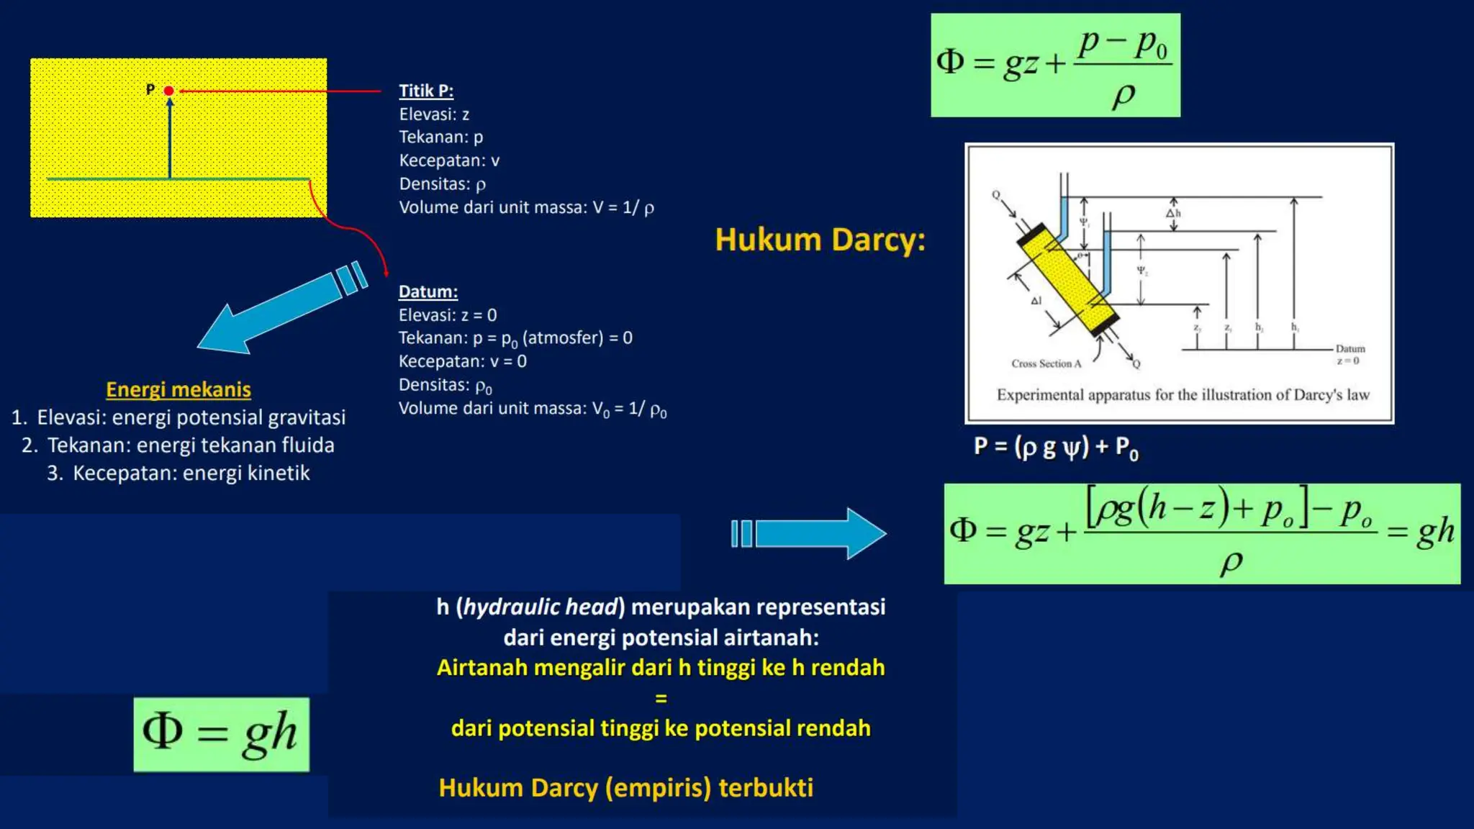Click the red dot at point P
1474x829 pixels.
point(168,91)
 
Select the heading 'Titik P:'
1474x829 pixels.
point(426,91)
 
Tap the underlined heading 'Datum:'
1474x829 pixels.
point(428,291)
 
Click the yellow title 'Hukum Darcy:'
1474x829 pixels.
point(820,240)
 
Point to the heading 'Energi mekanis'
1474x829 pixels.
point(178,389)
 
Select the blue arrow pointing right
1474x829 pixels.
point(810,533)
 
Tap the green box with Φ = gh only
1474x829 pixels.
point(222,734)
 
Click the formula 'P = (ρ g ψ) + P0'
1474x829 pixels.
point(1056,447)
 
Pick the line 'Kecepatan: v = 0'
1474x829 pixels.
point(463,361)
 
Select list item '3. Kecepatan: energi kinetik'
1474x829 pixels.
point(178,473)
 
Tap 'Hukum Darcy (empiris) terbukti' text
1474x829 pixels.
point(625,787)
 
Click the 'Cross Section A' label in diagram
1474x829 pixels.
point(1046,363)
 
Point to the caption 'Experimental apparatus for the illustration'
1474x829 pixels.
point(1183,394)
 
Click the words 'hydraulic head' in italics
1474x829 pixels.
point(541,607)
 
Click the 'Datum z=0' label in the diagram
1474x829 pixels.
point(1349,354)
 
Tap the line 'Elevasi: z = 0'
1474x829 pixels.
point(448,315)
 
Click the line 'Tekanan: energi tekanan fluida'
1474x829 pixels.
point(178,445)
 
